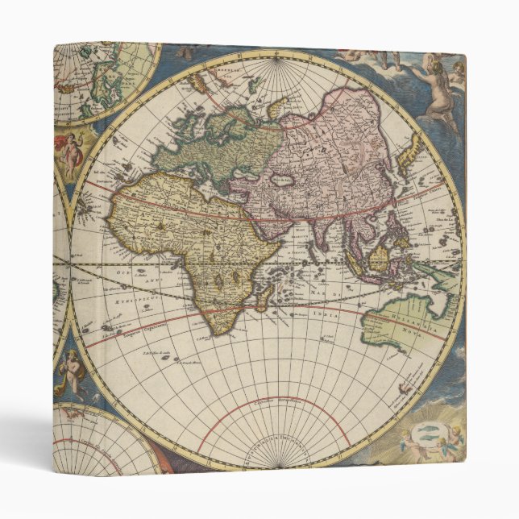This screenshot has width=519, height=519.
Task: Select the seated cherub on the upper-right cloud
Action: click(438, 89)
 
